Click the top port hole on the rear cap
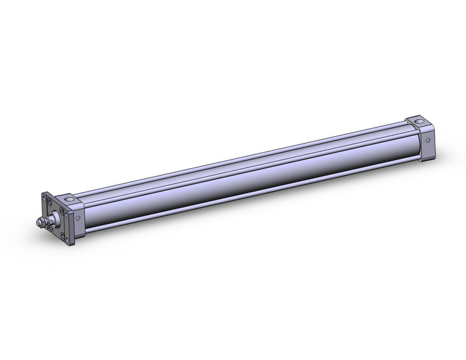click(x=419, y=121)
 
